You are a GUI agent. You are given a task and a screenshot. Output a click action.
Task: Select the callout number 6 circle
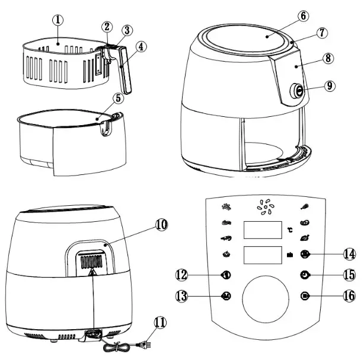point(302,15)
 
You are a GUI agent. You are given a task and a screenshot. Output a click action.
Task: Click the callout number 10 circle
point(161,224)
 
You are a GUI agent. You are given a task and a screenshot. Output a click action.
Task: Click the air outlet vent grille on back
point(91,261)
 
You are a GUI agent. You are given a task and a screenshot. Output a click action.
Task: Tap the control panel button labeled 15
point(304,275)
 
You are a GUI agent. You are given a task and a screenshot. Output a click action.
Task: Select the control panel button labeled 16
point(304,295)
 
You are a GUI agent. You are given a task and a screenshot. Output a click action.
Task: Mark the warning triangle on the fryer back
point(91,273)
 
